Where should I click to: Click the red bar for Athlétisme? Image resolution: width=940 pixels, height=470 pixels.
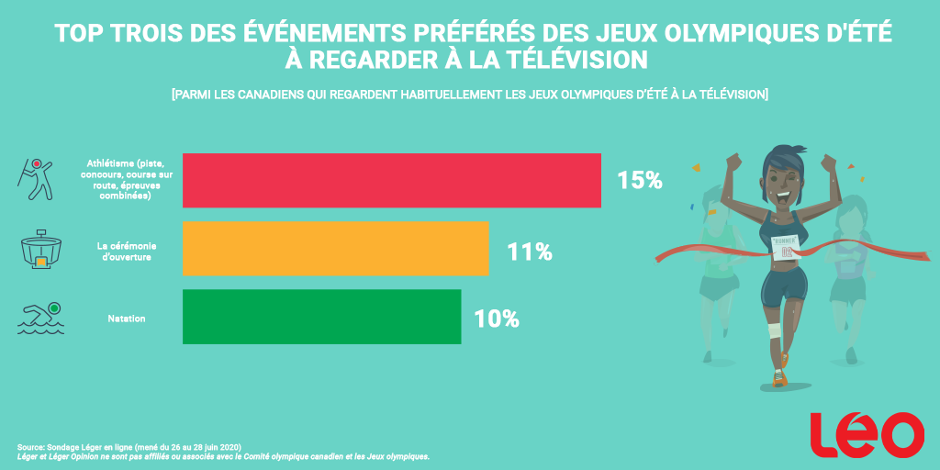(392, 180)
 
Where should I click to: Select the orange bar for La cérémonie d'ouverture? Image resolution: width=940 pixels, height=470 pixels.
(336, 249)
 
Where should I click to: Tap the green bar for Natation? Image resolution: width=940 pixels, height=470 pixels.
(322, 318)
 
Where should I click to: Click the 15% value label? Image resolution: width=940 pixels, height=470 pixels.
(639, 181)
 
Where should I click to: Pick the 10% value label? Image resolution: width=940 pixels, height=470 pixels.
(497, 319)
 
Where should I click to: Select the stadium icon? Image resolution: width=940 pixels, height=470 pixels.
(40, 250)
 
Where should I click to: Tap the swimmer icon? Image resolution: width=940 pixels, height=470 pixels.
(40, 318)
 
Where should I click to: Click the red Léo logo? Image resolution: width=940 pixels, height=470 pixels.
(867, 435)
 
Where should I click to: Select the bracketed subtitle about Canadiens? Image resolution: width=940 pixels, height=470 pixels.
(469, 95)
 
